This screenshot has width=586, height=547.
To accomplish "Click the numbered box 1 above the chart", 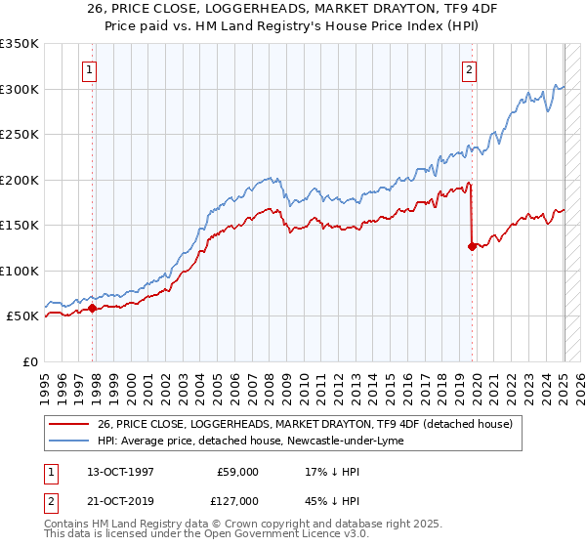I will point(89,69).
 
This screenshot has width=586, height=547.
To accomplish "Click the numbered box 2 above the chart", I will point(470,69).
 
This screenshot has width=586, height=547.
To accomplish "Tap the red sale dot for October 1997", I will point(92,308).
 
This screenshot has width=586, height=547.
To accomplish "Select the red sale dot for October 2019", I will point(472,246).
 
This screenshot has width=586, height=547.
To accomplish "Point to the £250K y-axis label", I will point(20,134).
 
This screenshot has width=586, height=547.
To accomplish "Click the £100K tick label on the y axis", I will point(20,271).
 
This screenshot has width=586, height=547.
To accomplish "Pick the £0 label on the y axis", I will point(31,361).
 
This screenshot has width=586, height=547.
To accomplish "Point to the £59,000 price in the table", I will point(237,471).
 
